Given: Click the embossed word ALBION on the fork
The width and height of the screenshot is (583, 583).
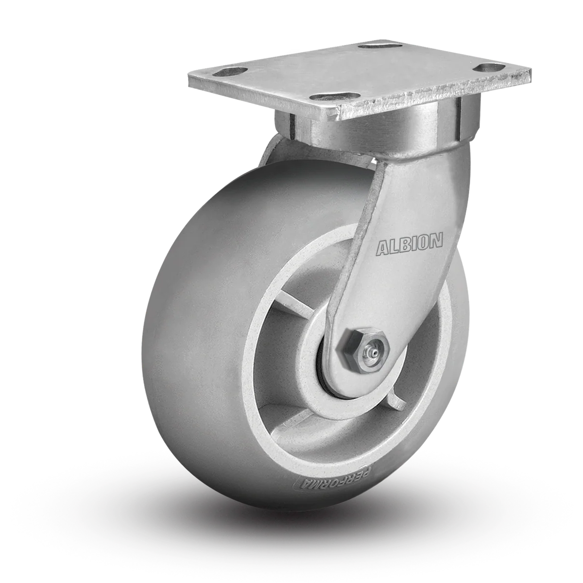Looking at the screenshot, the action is [x=410, y=244].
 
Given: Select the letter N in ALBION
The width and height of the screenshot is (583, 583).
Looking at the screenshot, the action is [x=436, y=240].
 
